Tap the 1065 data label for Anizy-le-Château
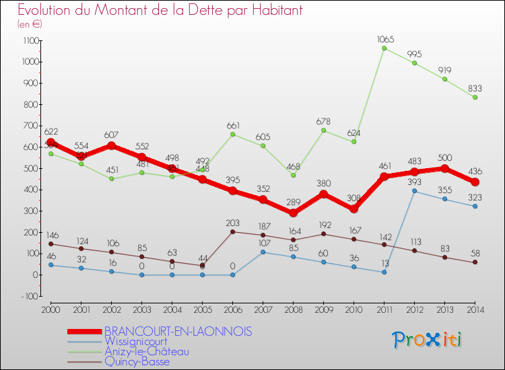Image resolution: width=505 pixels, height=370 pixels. (x=384, y=40)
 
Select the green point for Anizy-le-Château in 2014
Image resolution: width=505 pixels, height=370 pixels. (x=475, y=97)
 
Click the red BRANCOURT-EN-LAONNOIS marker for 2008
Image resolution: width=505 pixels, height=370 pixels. (x=294, y=213)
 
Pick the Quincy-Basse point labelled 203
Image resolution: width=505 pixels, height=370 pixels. (x=232, y=231)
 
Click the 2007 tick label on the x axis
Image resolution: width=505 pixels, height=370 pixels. (x=263, y=309)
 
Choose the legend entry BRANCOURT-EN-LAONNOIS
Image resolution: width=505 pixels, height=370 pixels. (x=178, y=332)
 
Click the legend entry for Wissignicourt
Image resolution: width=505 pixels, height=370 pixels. (x=135, y=342)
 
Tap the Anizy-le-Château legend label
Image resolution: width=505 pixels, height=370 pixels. (x=147, y=352)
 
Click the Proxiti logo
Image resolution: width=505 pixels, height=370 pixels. (x=428, y=340)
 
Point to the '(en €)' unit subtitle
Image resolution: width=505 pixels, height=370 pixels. (x=30, y=24)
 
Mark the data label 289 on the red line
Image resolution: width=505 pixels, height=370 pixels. (x=294, y=201)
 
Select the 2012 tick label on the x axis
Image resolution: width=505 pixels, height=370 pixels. (x=414, y=309)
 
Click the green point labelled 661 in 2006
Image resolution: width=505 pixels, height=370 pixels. (x=232, y=134)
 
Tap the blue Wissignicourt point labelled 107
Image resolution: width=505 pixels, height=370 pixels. (x=263, y=252)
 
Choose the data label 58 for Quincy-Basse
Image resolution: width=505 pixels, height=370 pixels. (x=475, y=253)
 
